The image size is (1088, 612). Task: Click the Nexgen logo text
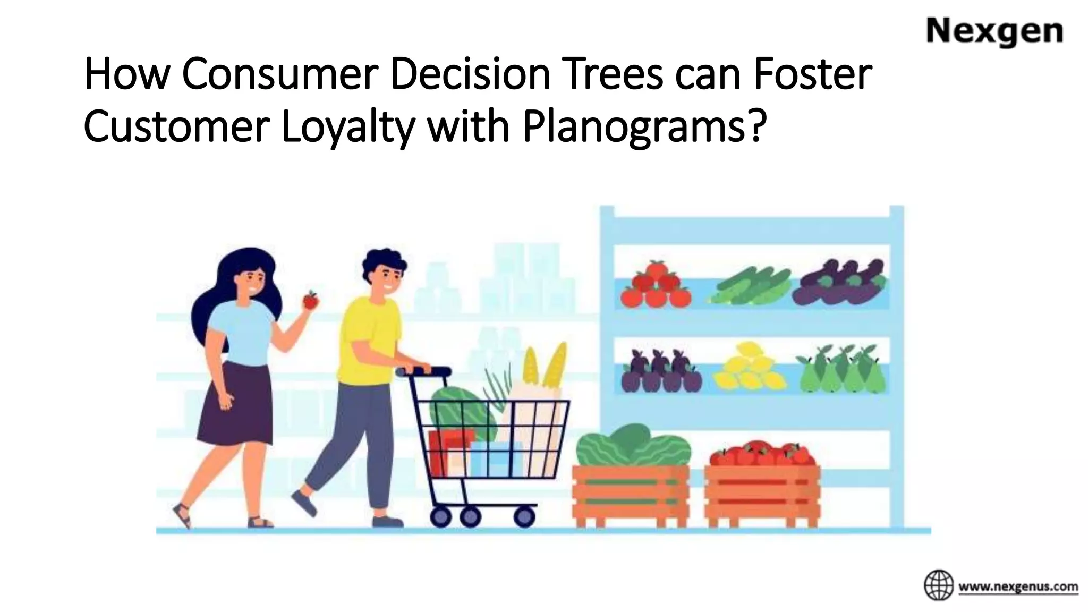pos(994,32)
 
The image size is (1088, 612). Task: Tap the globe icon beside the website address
pos(939,585)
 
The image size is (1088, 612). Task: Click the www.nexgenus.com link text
pos(1018,587)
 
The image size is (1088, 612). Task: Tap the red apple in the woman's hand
pos(310,300)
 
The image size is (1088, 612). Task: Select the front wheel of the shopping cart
pos(524,515)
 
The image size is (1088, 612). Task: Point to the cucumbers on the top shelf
pos(749,287)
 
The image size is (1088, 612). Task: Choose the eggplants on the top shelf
pos(839,284)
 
